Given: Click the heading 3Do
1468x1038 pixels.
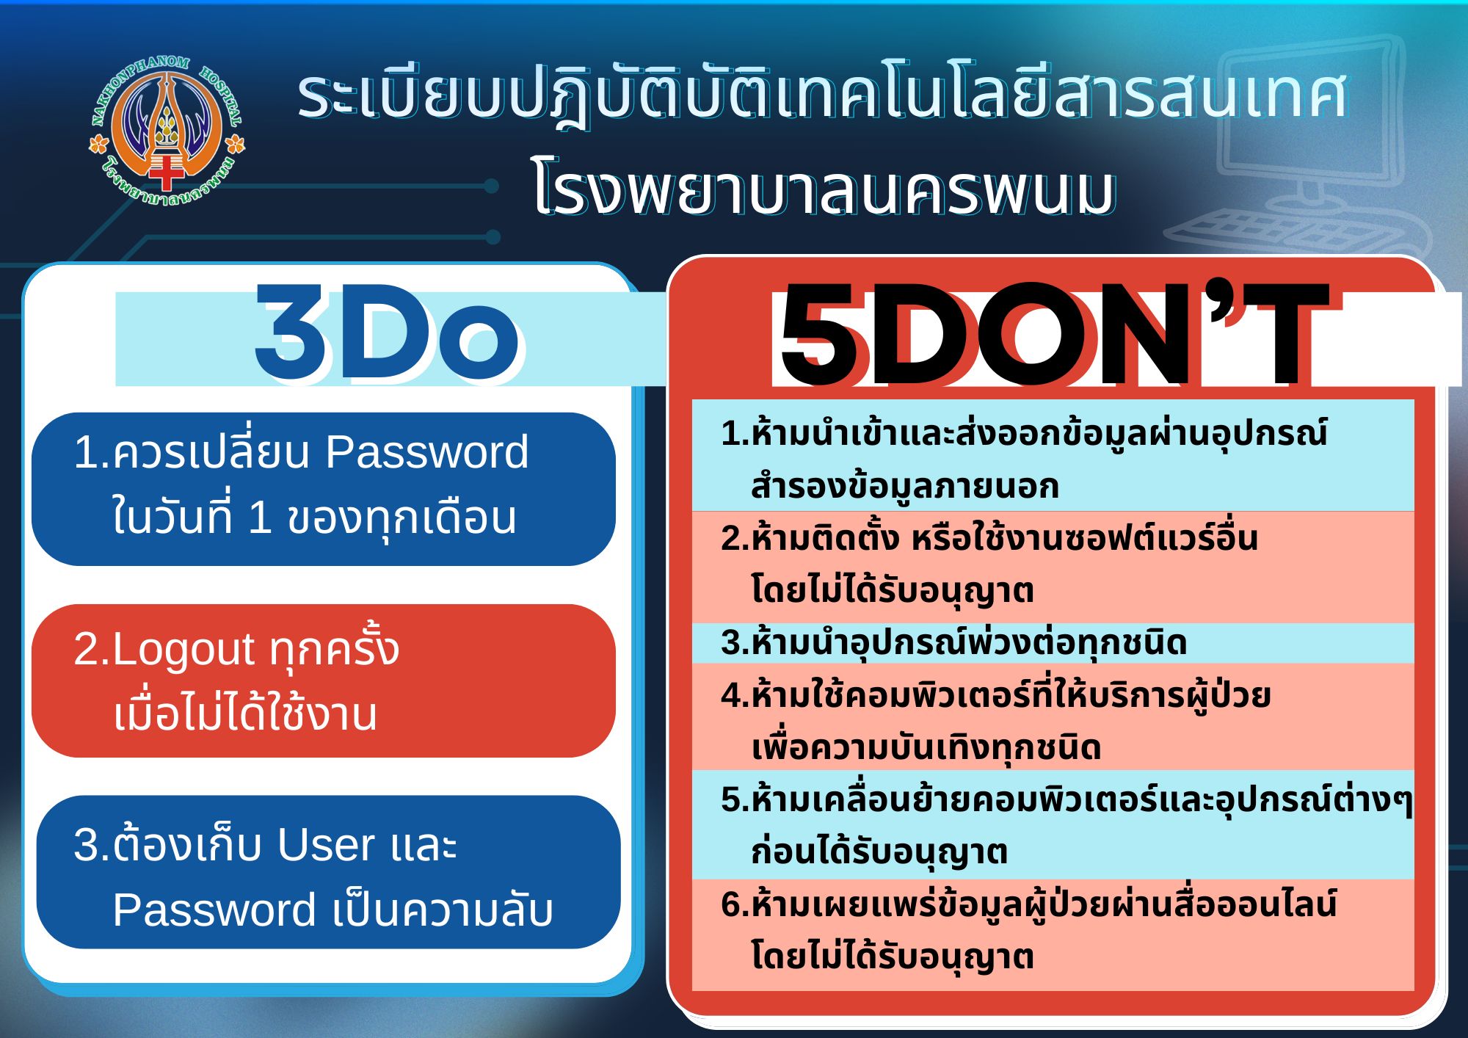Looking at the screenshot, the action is [387, 335].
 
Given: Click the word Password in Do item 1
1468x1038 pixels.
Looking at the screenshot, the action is [426, 451].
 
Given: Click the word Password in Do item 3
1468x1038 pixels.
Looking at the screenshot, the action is [214, 910].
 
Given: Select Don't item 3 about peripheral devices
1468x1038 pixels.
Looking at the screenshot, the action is [954, 643].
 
